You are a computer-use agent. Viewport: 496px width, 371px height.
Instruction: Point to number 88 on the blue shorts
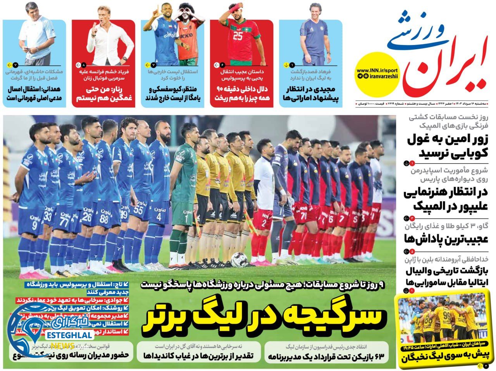tap(104, 219)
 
